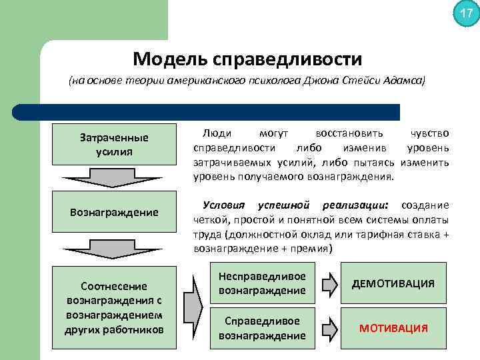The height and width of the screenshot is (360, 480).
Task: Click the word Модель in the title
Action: point(169,59)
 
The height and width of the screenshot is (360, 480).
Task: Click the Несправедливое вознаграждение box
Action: point(262,283)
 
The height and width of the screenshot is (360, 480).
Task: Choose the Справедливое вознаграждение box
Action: point(262,328)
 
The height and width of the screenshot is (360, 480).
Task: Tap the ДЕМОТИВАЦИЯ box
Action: point(393,283)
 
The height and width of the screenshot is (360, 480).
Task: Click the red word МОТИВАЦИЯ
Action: point(393,329)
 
